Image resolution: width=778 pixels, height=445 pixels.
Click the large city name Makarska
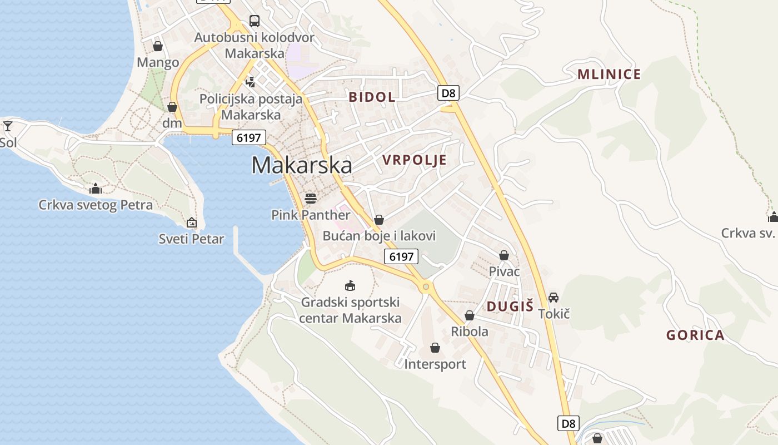(302, 165)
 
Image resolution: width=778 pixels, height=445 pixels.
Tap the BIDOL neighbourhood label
(372, 97)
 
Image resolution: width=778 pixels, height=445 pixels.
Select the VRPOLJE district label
(415, 160)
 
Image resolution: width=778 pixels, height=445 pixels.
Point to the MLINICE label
(609, 74)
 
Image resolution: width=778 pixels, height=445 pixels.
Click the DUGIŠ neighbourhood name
(510, 306)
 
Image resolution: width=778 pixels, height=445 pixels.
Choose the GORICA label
(695, 335)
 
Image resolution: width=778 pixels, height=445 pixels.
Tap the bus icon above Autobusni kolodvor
(255, 21)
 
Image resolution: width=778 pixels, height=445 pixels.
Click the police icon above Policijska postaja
(251, 82)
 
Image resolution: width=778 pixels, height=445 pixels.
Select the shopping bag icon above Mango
(158, 46)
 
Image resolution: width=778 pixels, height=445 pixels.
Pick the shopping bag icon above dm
(172, 106)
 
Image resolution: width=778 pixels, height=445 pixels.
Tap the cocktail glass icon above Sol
(8, 126)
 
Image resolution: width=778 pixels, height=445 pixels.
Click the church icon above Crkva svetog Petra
(96, 189)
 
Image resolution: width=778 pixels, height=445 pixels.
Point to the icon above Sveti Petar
(191, 222)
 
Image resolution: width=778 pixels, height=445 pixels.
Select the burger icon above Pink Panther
(310, 198)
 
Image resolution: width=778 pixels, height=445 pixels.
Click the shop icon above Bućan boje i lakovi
(379, 220)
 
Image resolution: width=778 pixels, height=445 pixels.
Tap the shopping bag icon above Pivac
(504, 255)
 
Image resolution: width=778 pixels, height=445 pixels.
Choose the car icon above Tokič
(553, 298)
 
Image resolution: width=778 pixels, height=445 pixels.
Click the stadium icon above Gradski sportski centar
(350, 286)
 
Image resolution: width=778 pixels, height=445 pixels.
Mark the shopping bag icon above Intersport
(435, 348)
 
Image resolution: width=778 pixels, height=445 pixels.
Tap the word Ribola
(470, 332)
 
